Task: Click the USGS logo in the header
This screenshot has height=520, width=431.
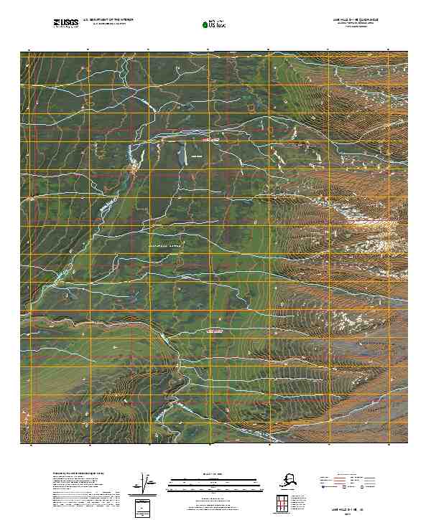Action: coord(66,24)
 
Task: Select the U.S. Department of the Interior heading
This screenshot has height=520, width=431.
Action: coord(108,20)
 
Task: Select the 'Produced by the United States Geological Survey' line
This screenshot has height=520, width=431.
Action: coord(79,474)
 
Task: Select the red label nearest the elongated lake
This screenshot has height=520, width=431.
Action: coord(210,141)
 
